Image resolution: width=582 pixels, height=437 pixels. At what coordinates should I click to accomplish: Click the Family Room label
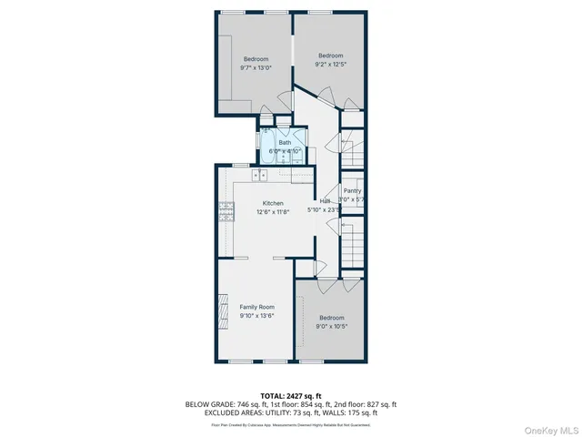(256, 307)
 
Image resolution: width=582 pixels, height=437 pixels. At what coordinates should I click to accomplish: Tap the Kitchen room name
(273, 203)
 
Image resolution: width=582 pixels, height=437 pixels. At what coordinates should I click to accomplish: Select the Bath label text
(285, 142)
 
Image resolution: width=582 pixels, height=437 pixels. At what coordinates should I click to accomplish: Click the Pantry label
(352, 191)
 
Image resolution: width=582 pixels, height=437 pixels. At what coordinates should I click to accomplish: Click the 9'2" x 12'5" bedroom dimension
(331, 64)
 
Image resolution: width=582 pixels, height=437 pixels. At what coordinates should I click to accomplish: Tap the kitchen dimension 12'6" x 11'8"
(273, 211)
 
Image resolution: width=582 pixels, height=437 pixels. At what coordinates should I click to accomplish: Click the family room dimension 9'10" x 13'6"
(256, 316)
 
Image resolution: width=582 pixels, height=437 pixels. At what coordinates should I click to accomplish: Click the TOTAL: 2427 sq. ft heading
(291, 396)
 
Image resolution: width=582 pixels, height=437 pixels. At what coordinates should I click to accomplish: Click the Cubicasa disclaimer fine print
(291, 424)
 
